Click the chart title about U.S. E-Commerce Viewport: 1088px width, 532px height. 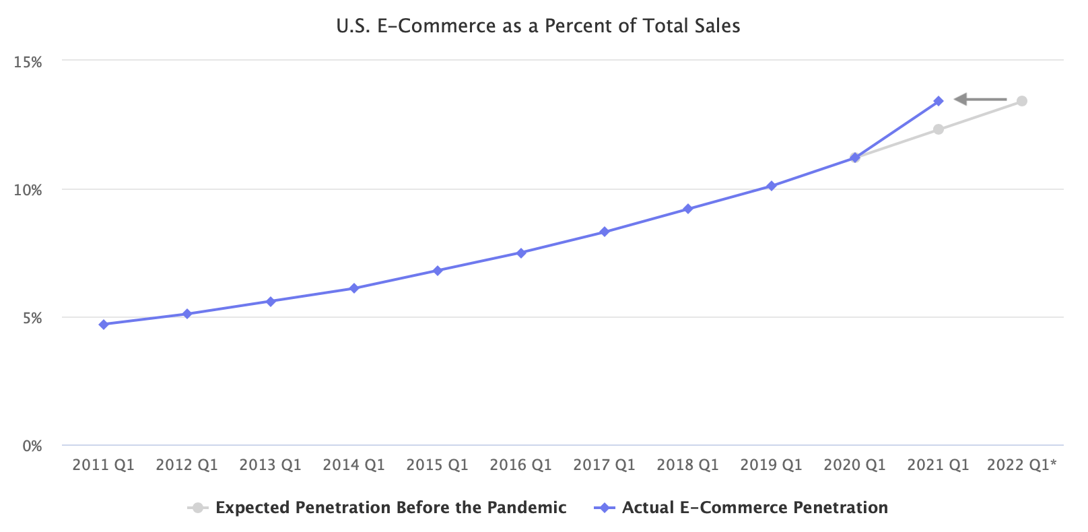(538, 26)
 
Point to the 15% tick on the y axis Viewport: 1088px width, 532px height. (28, 62)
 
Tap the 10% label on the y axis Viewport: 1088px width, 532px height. (28, 190)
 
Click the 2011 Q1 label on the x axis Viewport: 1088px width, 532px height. (103, 465)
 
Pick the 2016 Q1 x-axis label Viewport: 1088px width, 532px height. (520, 465)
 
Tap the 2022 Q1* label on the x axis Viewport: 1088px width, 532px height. (1021, 465)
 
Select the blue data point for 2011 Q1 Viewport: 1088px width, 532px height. (104, 325)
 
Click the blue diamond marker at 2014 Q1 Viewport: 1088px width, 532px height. (354, 288)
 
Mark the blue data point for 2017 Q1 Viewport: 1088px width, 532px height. (605, 232)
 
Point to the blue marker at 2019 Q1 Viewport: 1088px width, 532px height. (772, 186)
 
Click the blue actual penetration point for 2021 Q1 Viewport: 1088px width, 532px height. (939, 101)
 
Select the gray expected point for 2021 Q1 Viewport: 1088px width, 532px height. (939, 129)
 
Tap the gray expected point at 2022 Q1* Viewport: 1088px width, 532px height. (1022, 101)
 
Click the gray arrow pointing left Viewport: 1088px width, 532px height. (980, 100)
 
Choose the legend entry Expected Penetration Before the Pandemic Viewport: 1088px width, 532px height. (390, 508)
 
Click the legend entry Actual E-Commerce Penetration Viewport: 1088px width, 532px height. (754, 508)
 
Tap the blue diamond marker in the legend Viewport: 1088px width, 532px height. (604, 508)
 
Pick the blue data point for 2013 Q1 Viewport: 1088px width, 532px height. (271, 302)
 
